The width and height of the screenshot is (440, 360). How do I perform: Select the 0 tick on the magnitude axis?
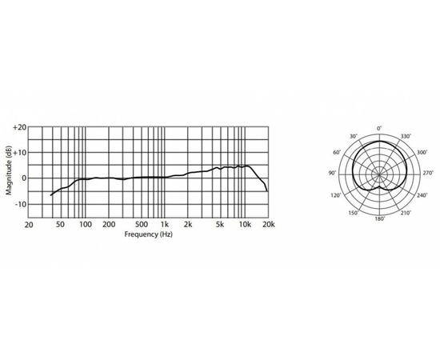coord(24,178)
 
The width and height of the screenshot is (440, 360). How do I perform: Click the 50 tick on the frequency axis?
coord(60,225)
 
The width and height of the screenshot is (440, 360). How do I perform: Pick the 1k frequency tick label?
coord(165,225)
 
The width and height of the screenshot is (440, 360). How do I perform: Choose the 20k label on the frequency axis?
coord(269,225)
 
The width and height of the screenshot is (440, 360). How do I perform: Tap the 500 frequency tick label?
coord(141,225)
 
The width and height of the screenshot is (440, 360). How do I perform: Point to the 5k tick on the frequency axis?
coord(220,225)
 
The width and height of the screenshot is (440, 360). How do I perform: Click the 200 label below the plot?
coord(110,225)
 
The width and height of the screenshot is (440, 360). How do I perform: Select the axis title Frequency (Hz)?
coord(148,235)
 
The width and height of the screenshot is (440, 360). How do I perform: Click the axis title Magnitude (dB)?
coord(8,170)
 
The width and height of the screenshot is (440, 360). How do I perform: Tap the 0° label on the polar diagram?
coord(380,128)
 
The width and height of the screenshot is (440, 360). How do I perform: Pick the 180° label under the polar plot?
coord(380,218)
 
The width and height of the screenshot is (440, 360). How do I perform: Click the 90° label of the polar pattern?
coord(332,173)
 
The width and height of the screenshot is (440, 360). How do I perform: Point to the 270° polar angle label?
coord(427,173)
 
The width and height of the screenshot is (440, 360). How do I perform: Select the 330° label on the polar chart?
coord(404,137)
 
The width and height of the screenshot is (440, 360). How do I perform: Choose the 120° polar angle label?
coord(338,195)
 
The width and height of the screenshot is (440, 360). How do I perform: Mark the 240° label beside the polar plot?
coord(422,195)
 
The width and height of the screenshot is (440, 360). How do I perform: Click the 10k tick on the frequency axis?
coord(245,225)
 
